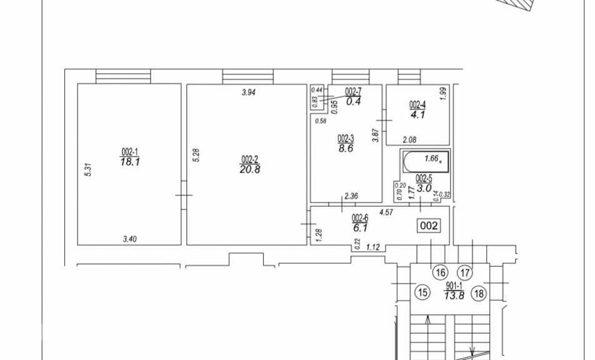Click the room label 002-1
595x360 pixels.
coord(129,152)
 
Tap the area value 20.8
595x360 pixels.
coord(250,169)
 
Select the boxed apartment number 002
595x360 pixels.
coord(429,226)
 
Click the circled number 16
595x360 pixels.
coord(440,272)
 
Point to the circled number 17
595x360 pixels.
coord(465,272)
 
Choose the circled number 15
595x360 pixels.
coord(423,292)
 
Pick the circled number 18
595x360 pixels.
coord(479,293)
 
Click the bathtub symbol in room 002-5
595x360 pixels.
coord(425,162)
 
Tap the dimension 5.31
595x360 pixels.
coord(88,169)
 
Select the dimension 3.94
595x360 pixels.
coord(249,92)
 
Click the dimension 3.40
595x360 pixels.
coord(130,239)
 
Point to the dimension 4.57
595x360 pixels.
coord(386,212)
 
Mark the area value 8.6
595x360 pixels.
coord(346,148)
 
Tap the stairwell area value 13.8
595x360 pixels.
coord(454,296)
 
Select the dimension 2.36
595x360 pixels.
coord(351,196)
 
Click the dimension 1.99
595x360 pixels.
coord(445,93)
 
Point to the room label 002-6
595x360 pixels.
coord(360,218)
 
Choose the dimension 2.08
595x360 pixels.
coord(409,140)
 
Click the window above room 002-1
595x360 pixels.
coord(123,76)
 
